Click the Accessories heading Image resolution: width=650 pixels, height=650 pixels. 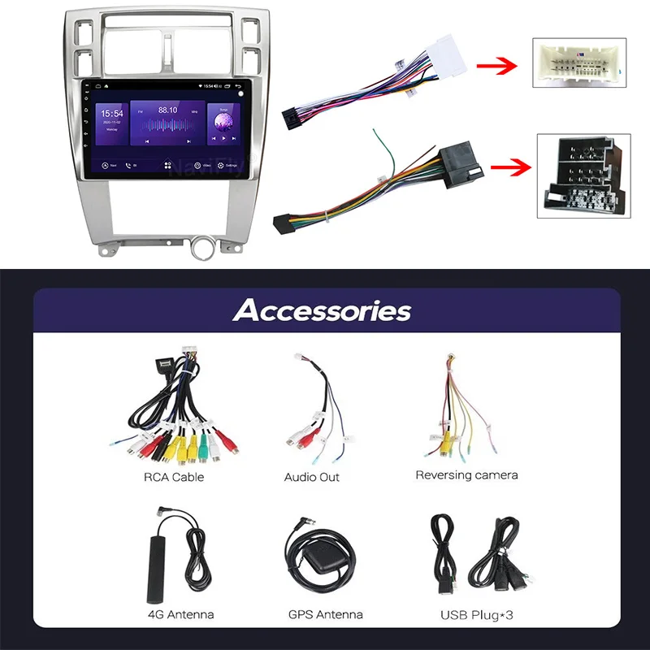pos(322,310)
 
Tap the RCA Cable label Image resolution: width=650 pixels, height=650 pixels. pos(174,477)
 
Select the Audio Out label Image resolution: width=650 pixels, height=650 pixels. pos(312,477)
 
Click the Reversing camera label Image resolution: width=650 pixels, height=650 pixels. pos(466,474)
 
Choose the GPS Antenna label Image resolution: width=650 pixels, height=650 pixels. pos(326,614)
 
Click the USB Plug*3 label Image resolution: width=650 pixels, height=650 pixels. pos(477,614)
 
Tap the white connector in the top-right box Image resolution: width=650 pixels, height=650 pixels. pos(579,62)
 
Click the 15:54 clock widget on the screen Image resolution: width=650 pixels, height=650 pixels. pos(112,115)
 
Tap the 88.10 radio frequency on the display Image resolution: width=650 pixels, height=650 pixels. pos(168,109)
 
